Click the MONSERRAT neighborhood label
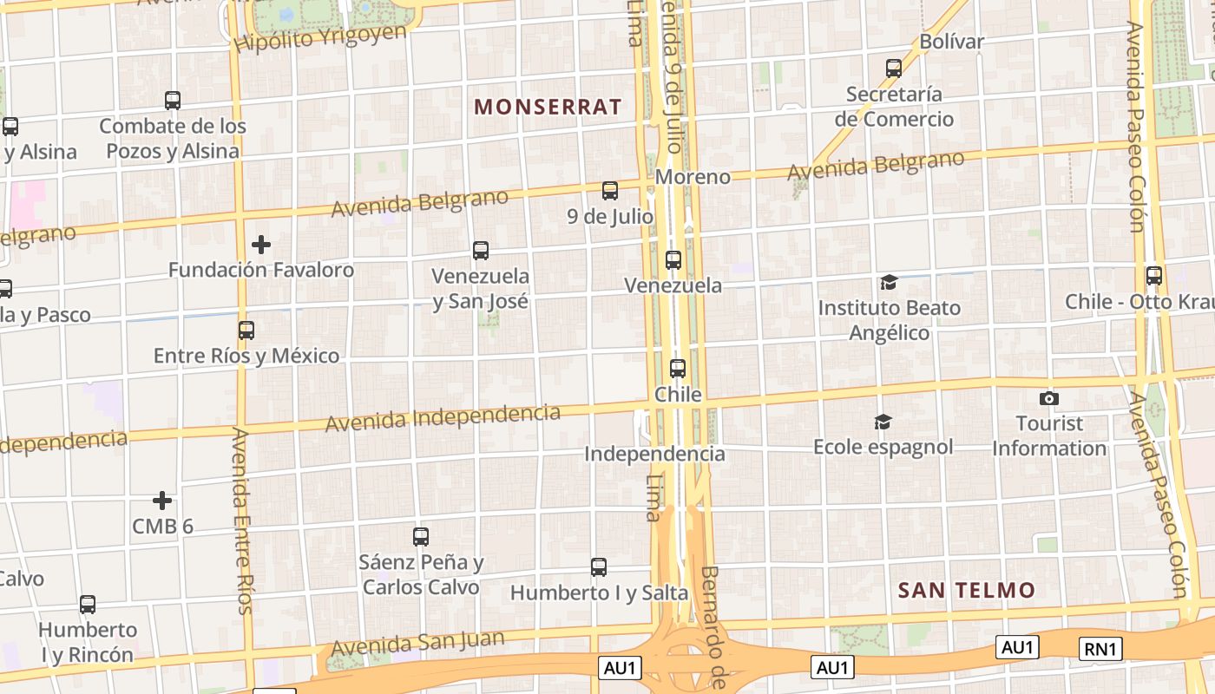[x=548, y=107]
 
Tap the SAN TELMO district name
[x=967, y=591]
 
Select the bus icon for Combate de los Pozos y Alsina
[x=173, y=101]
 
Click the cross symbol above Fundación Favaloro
[x=260, y=245]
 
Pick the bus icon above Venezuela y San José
[x=481, y=251]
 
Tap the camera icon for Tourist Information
[x=1049, y=398]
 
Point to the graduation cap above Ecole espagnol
[x=883, y=422]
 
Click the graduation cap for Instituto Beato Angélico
[x=889, y=282]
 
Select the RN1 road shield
[x=1101, y=648]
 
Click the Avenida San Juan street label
[x=417, y=643]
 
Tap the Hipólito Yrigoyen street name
[x=320, y=37]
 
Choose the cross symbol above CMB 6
[x=162, y=501]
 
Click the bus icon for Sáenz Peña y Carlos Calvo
[x=421, y=537]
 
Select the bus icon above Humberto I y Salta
[x=599, y=567]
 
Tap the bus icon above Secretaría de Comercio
[x=894, y=68]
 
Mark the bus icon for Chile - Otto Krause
[x=1154, y=276]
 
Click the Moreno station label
[x=693, y=177]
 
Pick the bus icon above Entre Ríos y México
[x=246, y=331]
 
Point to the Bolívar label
[x=951, y=41]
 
